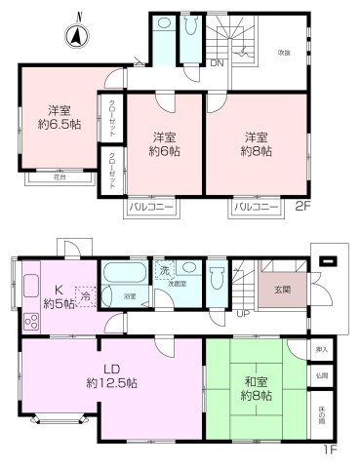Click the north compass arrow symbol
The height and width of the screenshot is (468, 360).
pyautogui.click(x=75, y=36)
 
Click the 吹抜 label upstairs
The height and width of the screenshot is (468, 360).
pyautogui.click(x=282, y=53)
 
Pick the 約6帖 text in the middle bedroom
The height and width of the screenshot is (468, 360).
pyautogui.click(x=162, y=151)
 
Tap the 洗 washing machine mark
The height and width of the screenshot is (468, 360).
pyautogui.click(x=165, y=270)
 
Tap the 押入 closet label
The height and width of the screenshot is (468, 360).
pyautogui.click(x=322, y=348)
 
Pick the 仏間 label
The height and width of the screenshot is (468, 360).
pyautogui.click(x=322, y=373)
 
